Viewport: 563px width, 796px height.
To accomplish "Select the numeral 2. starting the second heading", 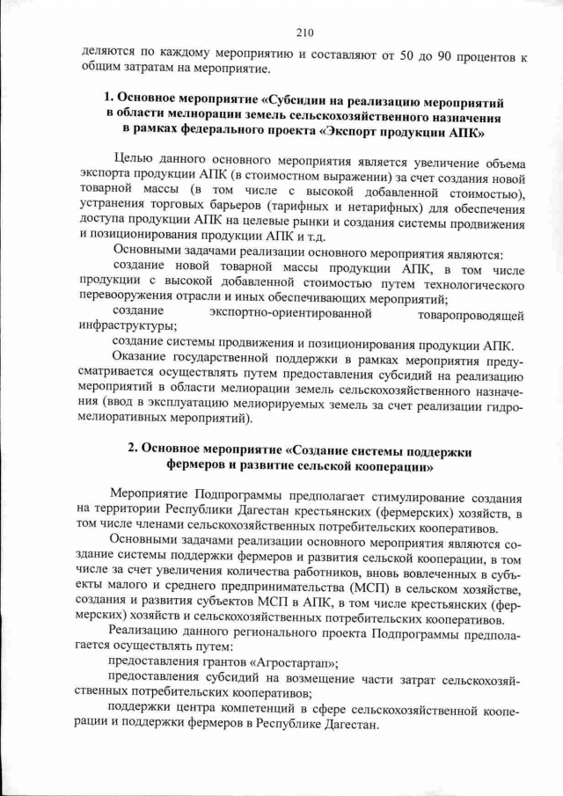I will point(132,449).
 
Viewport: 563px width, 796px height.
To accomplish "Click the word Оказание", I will point(141,358).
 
